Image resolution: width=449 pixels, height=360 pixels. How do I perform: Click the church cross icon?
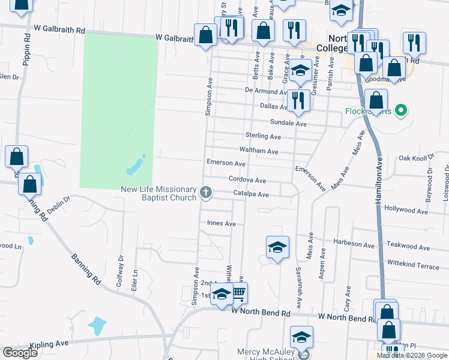coord(206,193)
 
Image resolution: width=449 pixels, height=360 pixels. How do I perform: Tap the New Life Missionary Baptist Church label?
coord(159,193)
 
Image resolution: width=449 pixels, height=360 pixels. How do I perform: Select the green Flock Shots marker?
coord(402,110)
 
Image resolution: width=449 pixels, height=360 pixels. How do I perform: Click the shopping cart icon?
coord(238,293)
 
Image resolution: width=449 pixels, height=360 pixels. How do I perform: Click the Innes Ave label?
coord(221,223)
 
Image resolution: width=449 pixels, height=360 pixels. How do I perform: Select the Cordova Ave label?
coord(247,180)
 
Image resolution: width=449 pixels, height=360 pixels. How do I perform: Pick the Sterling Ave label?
coord(263,136)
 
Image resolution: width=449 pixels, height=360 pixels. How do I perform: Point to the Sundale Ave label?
coord(288,123)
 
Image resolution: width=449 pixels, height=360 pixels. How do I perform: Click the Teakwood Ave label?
coord(409,247)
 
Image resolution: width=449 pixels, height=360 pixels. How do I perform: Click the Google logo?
coord(20,353)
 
